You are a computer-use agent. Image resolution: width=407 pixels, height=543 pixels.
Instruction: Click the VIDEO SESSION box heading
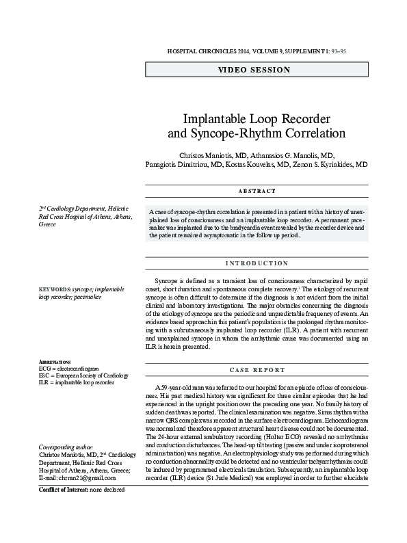pos(254,70)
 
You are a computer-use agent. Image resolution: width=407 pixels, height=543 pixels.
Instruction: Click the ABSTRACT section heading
pos(257,191)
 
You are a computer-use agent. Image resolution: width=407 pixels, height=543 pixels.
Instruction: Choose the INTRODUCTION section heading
pos(257,263)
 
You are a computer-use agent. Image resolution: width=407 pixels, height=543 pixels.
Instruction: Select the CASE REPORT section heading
pos(257,370)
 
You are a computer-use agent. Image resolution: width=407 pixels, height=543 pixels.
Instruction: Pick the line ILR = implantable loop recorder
pos(76,382)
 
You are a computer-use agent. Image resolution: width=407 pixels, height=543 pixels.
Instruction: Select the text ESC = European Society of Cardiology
pos(83,375)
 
